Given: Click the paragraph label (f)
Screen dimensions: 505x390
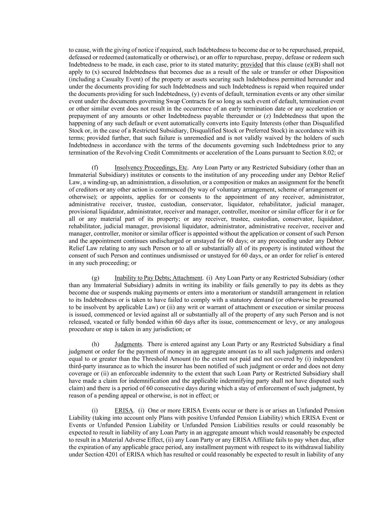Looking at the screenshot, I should [x=95, y=168].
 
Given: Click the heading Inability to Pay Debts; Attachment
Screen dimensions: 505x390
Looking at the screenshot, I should [x=159, y=278].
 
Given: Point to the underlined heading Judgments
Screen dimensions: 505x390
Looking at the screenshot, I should [x=128, y=344].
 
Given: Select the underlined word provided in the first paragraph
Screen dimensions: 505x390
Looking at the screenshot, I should [x=252, y=64].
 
